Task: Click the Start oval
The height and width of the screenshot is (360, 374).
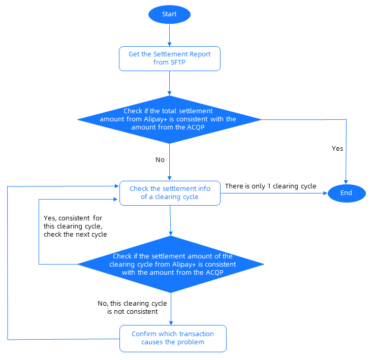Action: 169,14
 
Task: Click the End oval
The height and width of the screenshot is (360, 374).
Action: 346,193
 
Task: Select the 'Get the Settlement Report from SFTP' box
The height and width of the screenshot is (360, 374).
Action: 169,58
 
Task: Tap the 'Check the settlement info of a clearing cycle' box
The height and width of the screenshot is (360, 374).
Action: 169,192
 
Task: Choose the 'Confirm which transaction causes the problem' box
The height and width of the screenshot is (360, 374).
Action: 172,338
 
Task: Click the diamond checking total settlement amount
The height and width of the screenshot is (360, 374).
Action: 169,119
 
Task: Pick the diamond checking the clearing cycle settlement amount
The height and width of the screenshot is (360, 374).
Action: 171,264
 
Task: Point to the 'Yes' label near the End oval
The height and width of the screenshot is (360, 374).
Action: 337,149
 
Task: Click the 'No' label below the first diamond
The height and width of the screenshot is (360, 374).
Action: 160,159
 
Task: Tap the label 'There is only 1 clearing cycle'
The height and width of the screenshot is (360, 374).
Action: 270,186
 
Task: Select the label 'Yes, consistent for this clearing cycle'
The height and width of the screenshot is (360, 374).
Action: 74,226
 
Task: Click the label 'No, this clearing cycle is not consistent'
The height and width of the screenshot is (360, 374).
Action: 132,307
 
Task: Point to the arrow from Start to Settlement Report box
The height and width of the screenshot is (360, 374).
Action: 169,35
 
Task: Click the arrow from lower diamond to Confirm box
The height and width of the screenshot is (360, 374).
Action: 171,310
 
